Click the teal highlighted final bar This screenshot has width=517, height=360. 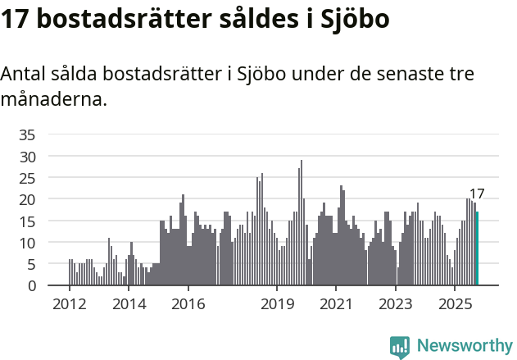[x=477, y=248]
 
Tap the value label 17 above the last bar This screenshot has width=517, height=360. [x=477, y=194]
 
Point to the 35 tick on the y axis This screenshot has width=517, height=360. [x=27, y=134]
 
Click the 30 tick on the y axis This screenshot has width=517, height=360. [x=27, y=156]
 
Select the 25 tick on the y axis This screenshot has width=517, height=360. [x=27, y=178]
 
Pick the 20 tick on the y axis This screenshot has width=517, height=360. [x=27, y=199]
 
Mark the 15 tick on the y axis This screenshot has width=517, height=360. [x=27, y=221]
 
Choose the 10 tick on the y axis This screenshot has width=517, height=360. [x=27, y=243]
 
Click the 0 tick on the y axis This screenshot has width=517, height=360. [x=31, y=286]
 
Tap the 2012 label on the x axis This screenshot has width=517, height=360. [x=69, y=305]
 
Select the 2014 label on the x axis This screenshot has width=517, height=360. [x=129, y=305]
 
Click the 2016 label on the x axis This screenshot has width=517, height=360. [x=188, y=305]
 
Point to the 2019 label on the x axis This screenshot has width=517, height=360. [x=277, y=305]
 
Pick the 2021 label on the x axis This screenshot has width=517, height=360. [x=336, y=305]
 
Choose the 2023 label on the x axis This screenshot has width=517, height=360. [x=396, y=305]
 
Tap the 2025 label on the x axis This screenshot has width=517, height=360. [x=455, y=305]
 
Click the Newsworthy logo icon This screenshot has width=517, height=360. [x=400, y=346]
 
